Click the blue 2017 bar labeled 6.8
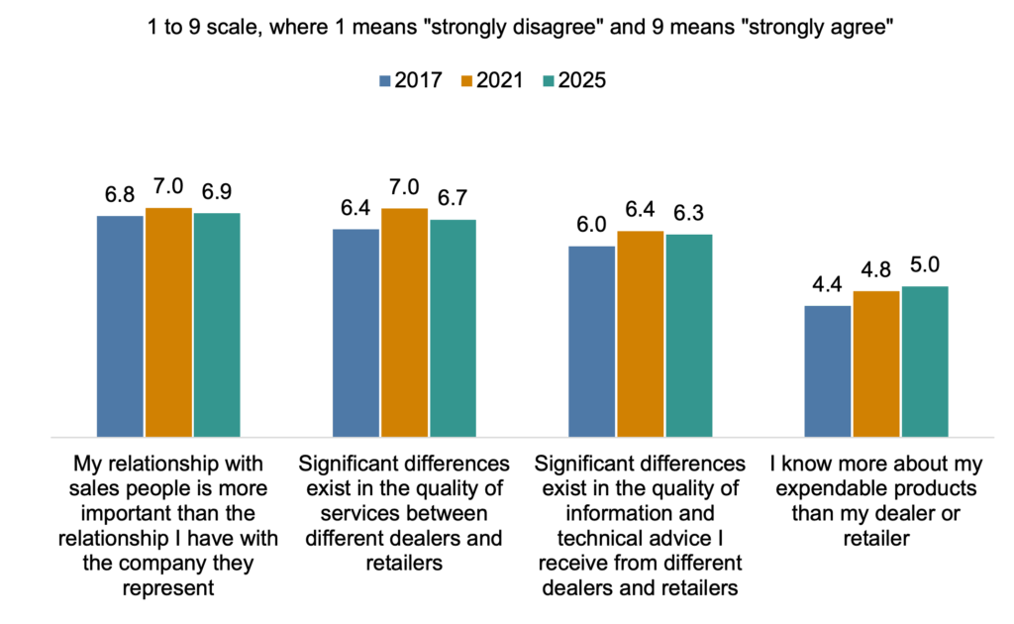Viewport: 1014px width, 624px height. point(120,326)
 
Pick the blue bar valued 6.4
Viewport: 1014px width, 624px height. point(355,332)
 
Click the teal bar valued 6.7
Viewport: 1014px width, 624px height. point(453,328)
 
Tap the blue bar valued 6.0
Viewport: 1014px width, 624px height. point(591,341)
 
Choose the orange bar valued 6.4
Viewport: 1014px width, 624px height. point(641,334)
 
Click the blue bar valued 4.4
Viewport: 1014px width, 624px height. point(828,370)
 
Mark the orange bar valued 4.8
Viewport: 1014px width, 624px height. point(876,364)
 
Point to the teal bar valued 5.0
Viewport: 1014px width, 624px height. point(925,362)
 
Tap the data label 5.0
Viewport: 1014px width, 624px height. point(925,265)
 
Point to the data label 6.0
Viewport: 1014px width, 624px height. point(591,226)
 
